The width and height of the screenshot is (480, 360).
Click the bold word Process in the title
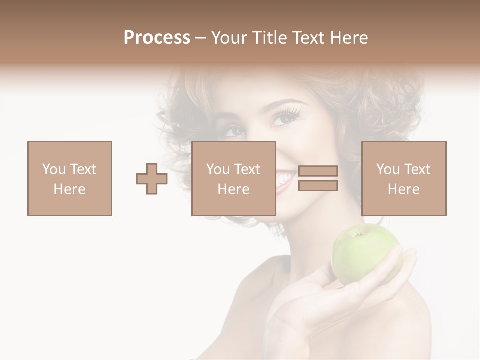157,38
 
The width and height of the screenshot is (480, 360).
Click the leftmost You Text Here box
69,178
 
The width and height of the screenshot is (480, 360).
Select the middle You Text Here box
233,178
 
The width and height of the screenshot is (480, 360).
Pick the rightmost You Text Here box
403,178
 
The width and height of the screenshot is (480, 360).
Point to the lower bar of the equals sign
318,186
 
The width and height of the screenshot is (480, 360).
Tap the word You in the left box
53,169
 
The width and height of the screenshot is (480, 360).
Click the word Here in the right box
403,189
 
